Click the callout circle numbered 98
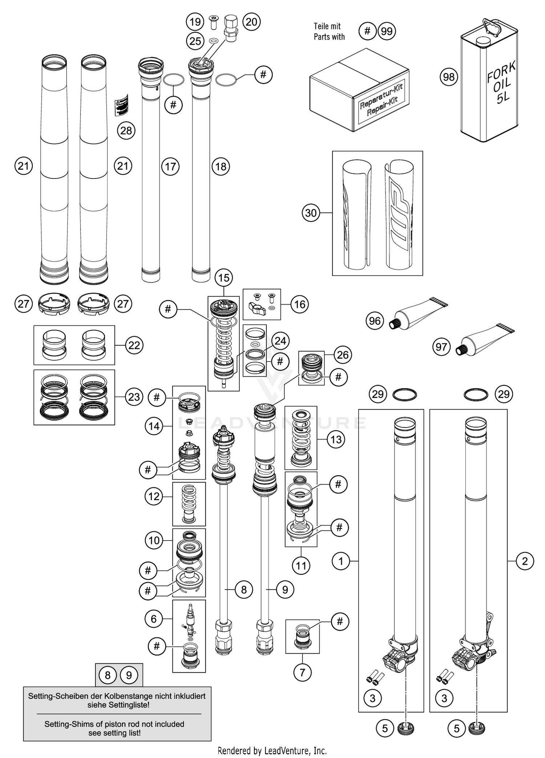449,77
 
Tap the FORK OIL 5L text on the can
502,83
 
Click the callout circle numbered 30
311,213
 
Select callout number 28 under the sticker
126,131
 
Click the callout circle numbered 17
170,167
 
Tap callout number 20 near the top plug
251,22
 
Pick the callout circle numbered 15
223,278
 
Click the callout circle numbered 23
134,397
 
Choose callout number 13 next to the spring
336,440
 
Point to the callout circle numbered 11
301,566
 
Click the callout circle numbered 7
302,673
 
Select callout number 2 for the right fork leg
524,561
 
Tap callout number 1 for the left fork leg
341,561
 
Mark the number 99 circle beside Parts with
387,31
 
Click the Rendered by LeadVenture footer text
272,750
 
